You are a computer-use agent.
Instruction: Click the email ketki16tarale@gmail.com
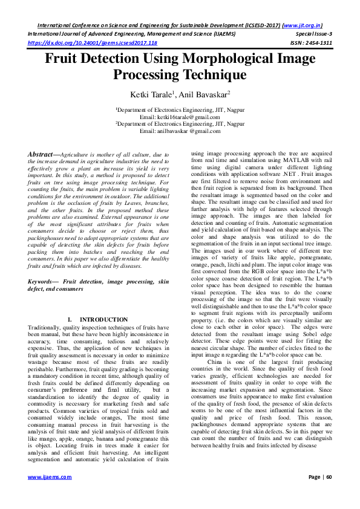180,116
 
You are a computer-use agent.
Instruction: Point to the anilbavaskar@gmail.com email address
180,131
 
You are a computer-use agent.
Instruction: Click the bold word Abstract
42,155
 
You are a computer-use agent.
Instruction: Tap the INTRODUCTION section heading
104,319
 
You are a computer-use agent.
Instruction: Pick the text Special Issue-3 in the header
312,35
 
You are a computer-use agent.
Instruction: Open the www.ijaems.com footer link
50,494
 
